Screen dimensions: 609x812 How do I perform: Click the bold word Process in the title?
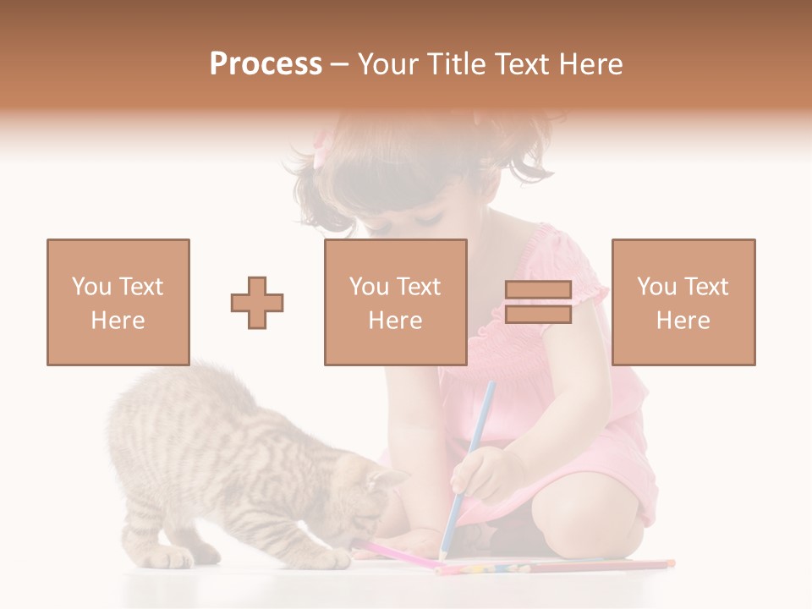[x=266, y=64]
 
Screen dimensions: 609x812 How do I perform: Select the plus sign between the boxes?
[x=257, y=302]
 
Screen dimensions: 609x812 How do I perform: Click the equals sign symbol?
[x=538, y=302]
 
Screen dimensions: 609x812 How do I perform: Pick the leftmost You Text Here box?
[x=118, y=302]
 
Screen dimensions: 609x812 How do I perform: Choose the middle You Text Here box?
[x=395, y=302]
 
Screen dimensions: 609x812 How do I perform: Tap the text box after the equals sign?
[x=683, y=302]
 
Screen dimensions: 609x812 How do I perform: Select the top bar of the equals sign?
[x=538, y=290]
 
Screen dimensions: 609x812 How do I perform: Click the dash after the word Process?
[x=339, y=64]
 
